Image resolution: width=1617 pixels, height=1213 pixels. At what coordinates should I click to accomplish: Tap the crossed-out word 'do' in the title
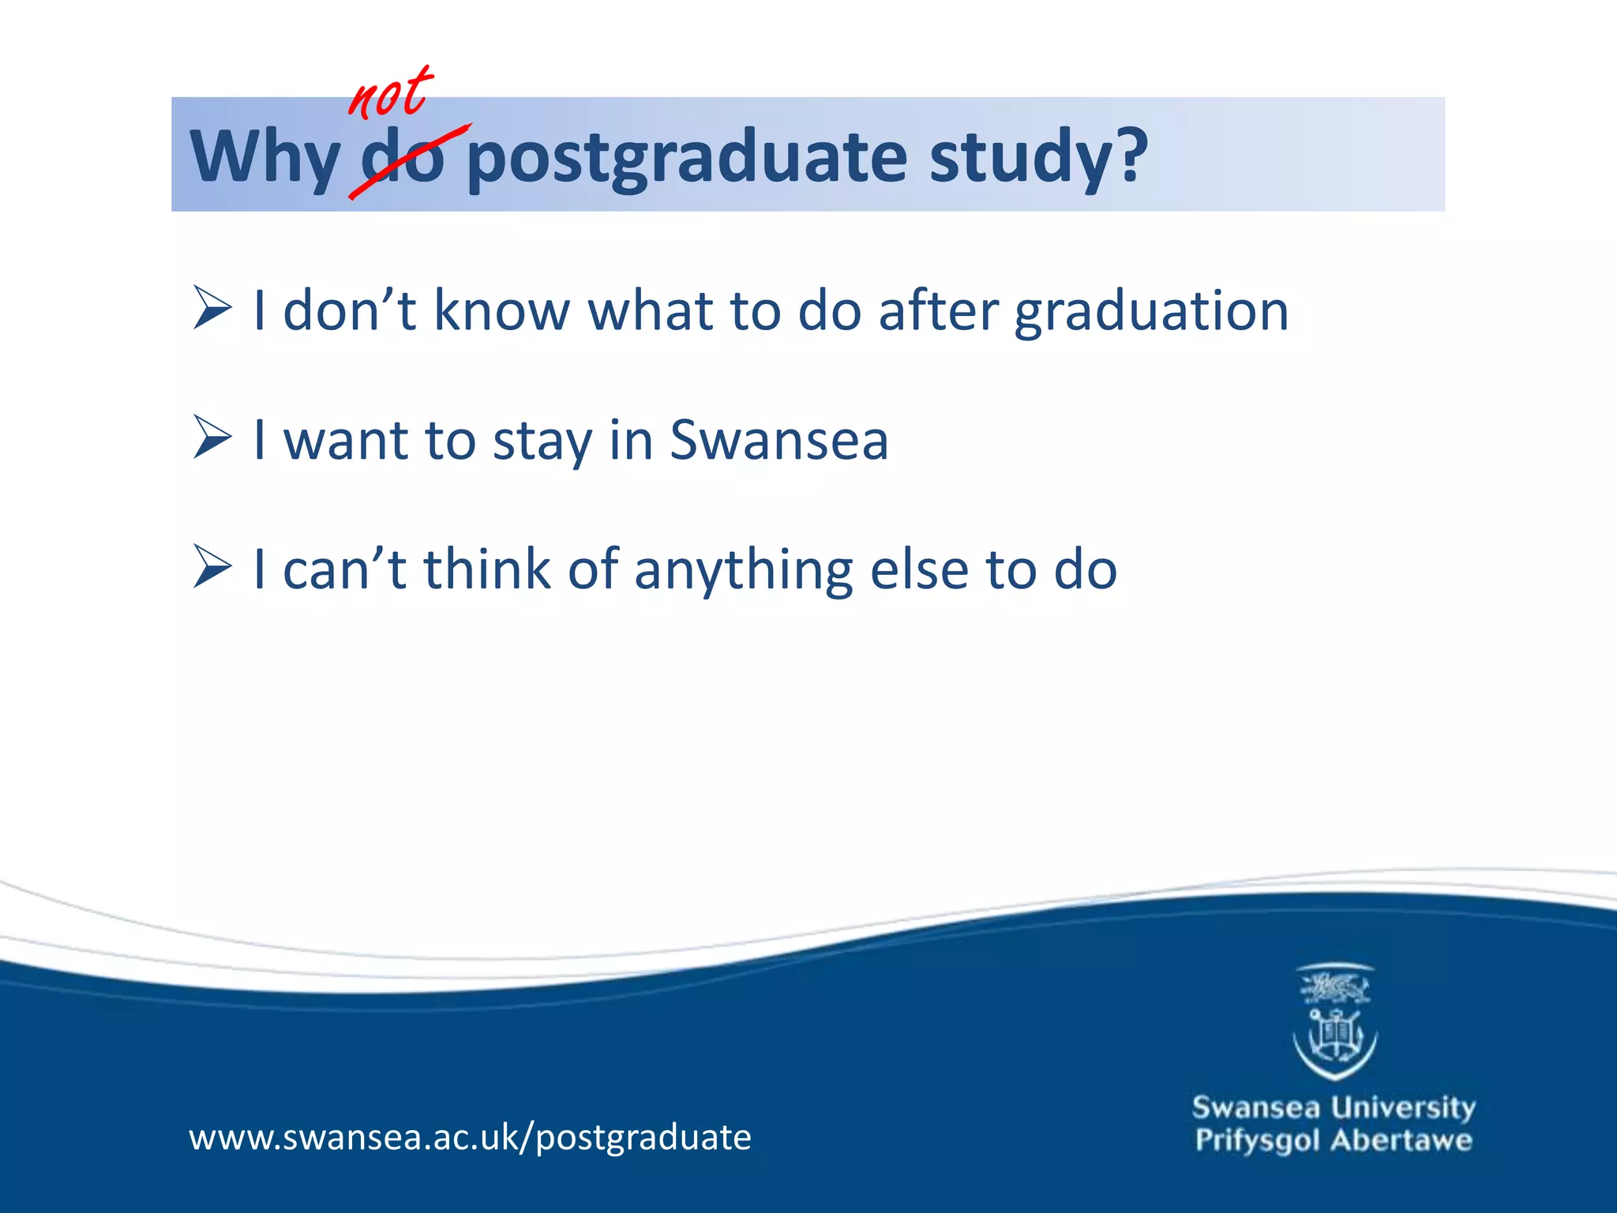tap(403, 158)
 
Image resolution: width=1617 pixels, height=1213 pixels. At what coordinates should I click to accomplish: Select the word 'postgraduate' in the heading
tap(687, 158)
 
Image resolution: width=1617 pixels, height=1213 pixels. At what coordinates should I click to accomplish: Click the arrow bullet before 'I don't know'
tap(212, 309)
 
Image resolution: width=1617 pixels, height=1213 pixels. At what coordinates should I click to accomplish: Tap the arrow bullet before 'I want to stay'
tap(212, 438)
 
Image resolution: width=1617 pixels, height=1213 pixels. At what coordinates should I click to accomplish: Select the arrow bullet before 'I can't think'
tap(212, 568)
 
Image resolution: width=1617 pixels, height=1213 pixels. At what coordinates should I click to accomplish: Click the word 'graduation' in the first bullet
tap(1151, 312)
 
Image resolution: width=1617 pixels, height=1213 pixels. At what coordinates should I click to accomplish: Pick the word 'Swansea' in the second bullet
tap(778, 440)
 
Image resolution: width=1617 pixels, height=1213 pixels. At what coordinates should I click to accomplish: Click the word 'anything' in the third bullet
tap(743, 570)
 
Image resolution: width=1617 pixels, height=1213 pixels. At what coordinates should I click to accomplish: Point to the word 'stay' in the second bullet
tap(542, 441)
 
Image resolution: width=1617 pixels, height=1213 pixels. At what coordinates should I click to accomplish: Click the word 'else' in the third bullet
tap(919, 569)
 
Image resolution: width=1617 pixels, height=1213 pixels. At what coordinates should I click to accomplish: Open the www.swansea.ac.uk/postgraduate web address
tap(470, 1138)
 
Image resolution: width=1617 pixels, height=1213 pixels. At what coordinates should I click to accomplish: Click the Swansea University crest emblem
tap(1334, 1022)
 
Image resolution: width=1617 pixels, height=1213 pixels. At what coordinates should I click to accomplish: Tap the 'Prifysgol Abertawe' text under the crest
tap(1333, 1141)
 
